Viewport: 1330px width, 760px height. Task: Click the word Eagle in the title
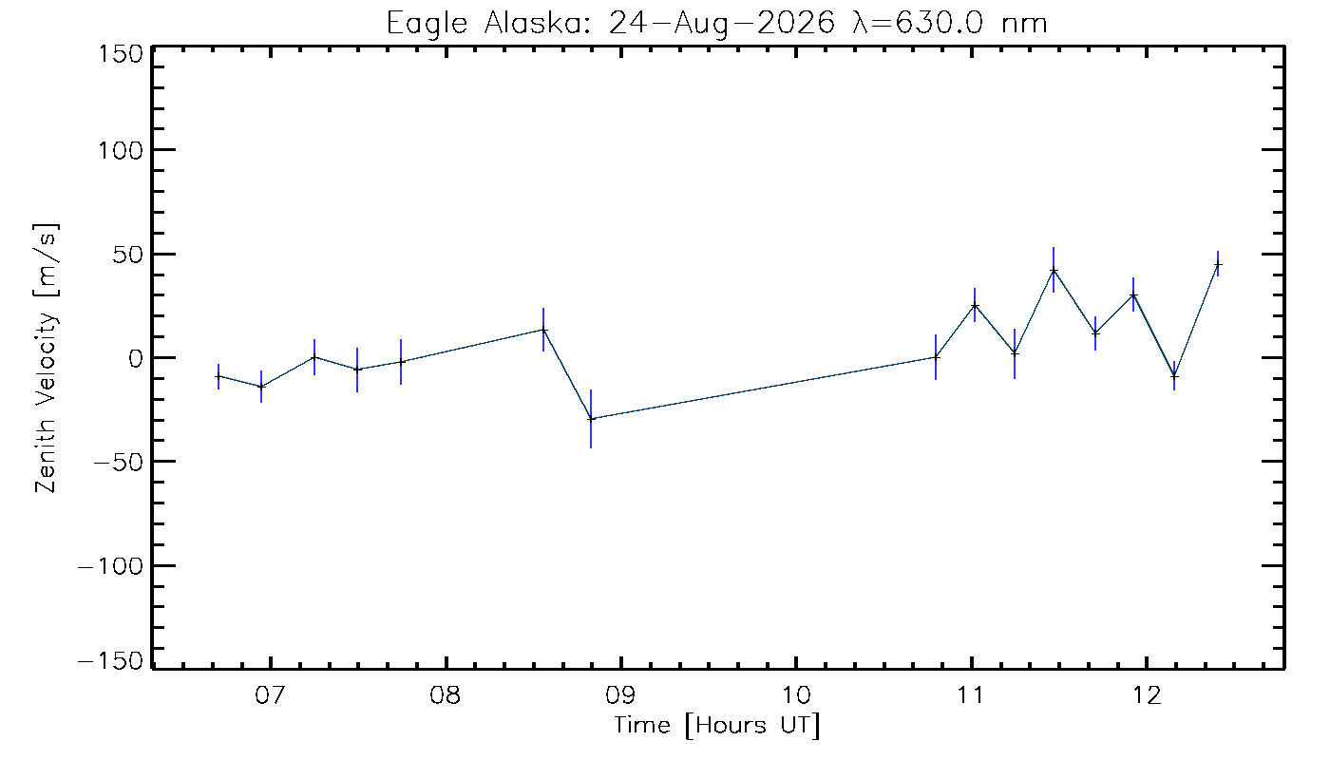click(x=427, y=25)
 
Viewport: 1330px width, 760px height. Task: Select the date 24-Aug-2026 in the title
click(x=721, y=24)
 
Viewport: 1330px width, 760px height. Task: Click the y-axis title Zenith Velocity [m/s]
click(x=47, y=358)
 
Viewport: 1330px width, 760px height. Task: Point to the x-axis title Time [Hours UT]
click(x=716, y=725)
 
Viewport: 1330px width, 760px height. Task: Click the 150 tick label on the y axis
click(x=121, y=55)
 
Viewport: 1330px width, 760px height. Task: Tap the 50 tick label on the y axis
click(x=128, y=255)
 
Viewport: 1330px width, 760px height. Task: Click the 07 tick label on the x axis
click(x=271, y=694)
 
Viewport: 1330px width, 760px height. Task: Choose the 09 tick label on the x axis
click(x=621, y=694)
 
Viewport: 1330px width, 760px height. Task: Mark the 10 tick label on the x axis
click(x=796, y=694)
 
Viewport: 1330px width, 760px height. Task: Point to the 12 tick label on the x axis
click(x=1147, y=694)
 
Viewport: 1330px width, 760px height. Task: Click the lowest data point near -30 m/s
click(x=591, y=419)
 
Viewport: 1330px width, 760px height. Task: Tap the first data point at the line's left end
click(x=218, y=376)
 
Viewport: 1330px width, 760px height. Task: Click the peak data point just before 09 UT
click(x=543, y=330)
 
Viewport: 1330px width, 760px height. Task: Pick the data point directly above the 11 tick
click(x=975, y=305)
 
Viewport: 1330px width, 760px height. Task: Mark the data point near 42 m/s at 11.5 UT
click(x=1054, y=270)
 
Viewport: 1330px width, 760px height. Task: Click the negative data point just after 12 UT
click(x=1174, y=376)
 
